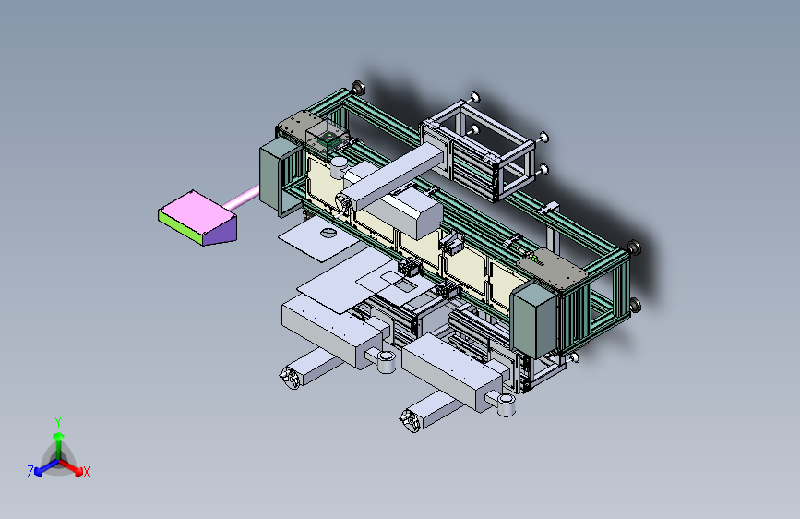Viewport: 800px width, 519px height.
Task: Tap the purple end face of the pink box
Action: pyautogui.click(x=220, y=232)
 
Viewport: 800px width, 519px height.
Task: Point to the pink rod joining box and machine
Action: pyautogui.click(x=242, y=198)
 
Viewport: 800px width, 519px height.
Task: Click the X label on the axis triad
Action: pyautogui.click(x=86, y=472)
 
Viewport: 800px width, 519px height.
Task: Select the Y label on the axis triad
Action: pyautogui.click(x=58, y=423)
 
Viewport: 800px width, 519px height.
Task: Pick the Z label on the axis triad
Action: pyautogui.click(x=30, y=472)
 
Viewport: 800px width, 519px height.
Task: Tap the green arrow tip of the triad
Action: pyautogui.click(x=59, y=437)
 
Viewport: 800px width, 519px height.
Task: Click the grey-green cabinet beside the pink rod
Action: pyautogui.click(x=278, y=175)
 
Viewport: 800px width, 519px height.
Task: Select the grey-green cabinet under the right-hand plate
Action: pyautogui.click(x=532, y=319)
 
